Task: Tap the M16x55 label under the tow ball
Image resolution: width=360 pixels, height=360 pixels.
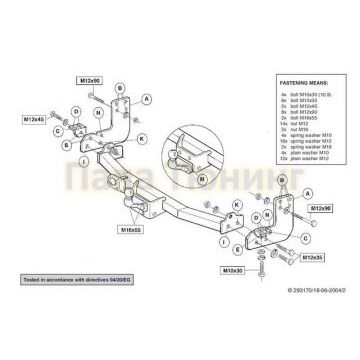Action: click(131, 229)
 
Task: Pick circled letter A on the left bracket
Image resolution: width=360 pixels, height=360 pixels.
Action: click(147, 100)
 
